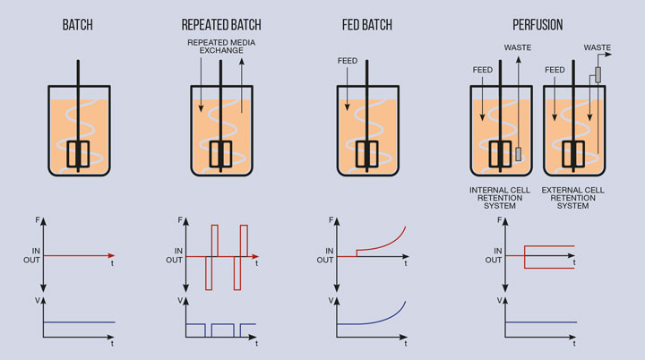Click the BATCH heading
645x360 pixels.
(78, 24)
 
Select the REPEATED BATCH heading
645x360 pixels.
(220, 24)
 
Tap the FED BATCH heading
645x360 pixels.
(368, 24)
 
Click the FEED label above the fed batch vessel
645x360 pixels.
(348, 62)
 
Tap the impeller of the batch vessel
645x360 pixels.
(77, 153)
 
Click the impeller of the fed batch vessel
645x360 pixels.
(367, 153)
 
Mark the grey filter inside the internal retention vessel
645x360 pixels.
(518, 152)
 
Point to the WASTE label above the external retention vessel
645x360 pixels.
(598, 46)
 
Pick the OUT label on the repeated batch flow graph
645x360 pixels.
(176, 261)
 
